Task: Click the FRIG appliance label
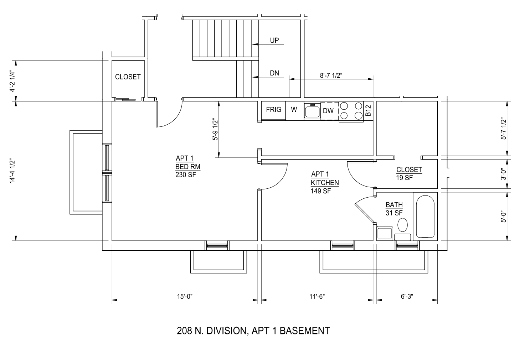point(273,110)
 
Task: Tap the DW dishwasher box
point(330,111)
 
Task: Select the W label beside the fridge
point(294,109)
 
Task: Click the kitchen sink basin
point(312,112)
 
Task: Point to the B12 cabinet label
point(368,110)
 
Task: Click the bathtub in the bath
point(425,216)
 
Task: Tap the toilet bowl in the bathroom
point(402,225)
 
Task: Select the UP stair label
point(274,40)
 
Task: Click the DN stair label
point(274,73)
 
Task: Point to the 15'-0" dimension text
point(185,297)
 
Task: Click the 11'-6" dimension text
point(317,297)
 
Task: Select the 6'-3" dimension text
point(407,297)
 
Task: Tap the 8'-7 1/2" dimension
point(331,75)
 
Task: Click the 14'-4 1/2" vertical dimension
point(12,171)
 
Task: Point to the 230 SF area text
point(186,175)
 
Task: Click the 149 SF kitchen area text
point(321,191)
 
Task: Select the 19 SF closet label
point(404,178)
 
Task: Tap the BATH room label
point(394,205)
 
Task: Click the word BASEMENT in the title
point(305,331)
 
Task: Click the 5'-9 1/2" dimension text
point(215,130)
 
